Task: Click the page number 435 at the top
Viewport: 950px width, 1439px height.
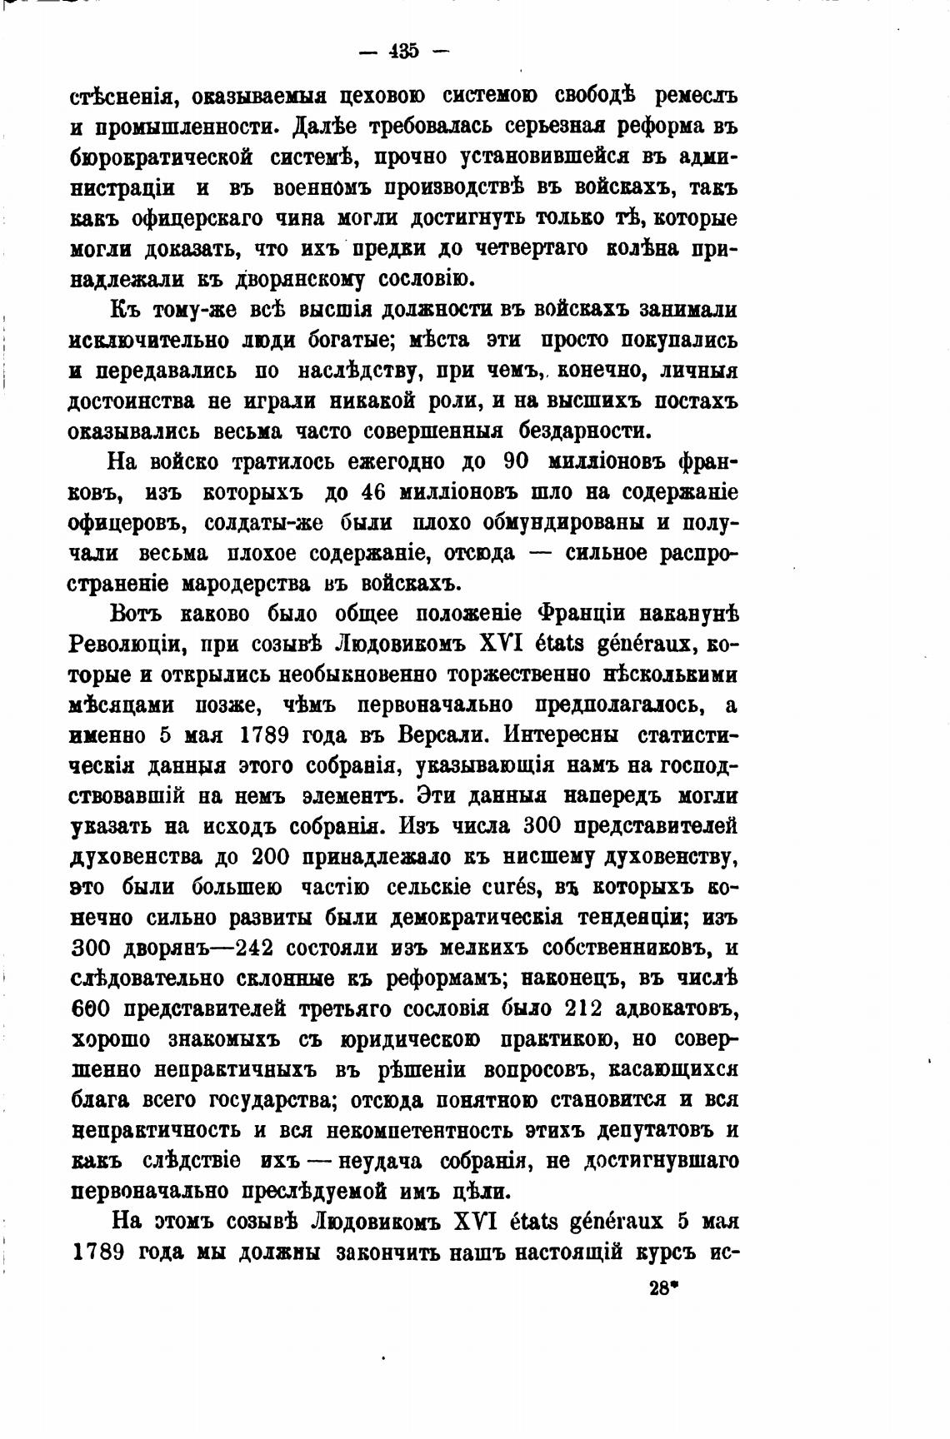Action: point(402,51)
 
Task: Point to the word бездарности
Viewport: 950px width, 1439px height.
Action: point(583,431)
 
